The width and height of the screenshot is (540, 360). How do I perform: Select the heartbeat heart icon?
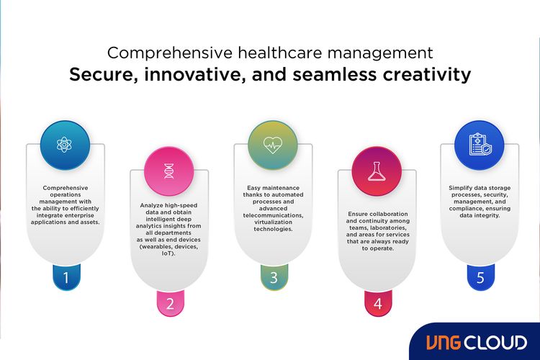272,145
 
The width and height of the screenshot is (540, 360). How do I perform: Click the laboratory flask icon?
377,171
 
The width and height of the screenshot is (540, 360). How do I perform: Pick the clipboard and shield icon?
480,145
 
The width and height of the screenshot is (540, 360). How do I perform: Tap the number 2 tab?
170,303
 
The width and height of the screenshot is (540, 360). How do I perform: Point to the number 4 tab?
377,303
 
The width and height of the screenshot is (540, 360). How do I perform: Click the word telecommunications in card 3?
273,215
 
